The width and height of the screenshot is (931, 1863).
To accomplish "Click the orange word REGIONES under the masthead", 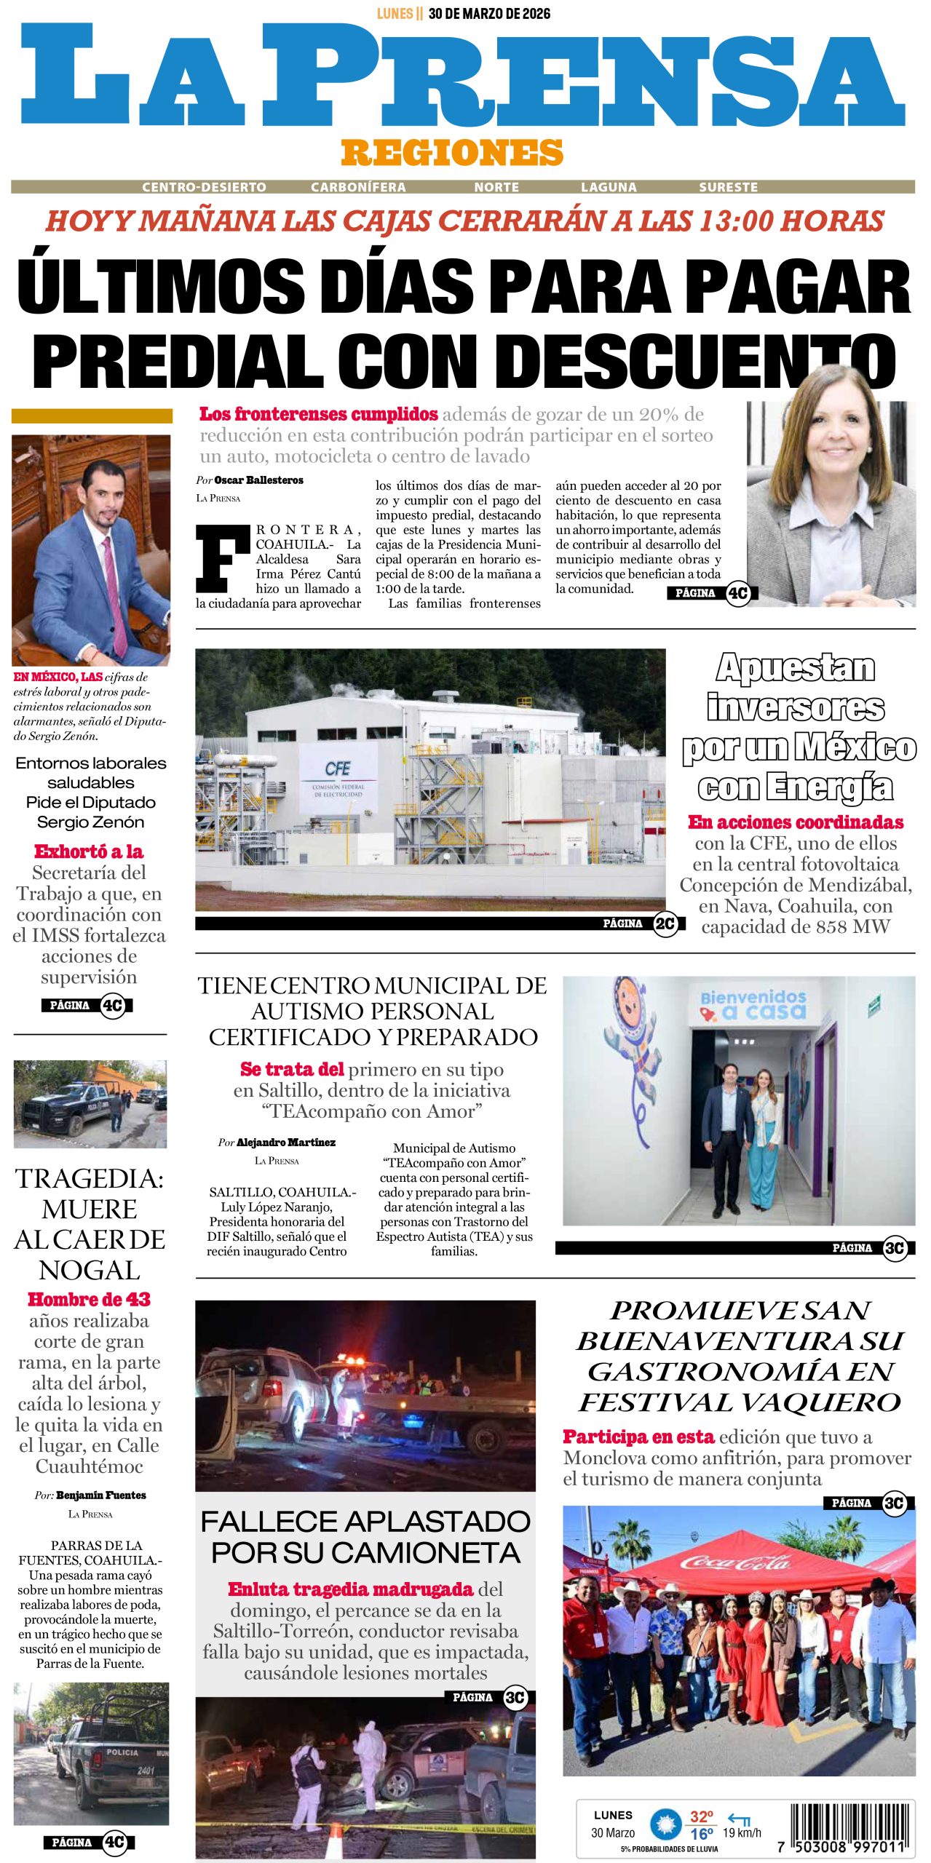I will coord(452,153).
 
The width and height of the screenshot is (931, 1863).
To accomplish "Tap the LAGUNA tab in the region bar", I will coord(609,187).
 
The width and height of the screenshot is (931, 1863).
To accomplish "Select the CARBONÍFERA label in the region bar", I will coord(358,187).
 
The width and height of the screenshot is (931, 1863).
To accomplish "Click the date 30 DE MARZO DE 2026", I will coord(489,13).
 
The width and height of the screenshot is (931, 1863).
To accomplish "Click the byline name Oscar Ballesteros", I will coord(258,480).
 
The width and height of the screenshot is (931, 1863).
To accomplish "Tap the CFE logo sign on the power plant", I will coord(338,768).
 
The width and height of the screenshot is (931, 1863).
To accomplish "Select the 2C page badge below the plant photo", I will coord(665,923).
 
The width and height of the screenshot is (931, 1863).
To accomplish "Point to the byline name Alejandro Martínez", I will coord(285,1143).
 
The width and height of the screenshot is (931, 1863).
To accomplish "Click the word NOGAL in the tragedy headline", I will coord(90,1270).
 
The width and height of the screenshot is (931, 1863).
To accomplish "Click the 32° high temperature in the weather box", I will coord(701,1816).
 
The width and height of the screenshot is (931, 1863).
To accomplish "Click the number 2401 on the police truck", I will coord(145,1771).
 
